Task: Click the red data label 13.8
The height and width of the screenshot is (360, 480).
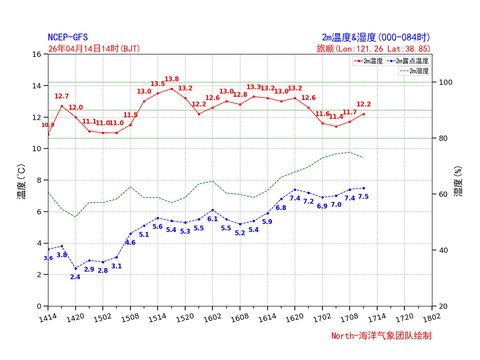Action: (172, 79)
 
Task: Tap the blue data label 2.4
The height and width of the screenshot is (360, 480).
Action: (75, 277)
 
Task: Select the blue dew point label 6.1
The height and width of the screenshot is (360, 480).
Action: (212, 219)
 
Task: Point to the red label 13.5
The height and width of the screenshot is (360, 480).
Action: (158, 84)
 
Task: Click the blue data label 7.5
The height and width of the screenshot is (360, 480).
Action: (363, 197)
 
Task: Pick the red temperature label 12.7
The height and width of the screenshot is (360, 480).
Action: (62, 96)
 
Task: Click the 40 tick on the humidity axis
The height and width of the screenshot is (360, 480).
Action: (440, 250)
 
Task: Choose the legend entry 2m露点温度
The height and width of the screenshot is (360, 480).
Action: (412, 61)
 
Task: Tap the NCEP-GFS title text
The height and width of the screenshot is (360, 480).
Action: (68, 38)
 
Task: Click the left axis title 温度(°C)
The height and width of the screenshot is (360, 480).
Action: (21, 182)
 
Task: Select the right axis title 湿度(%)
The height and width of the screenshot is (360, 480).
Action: (458, 181)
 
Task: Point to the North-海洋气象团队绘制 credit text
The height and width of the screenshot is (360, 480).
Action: (381, 336)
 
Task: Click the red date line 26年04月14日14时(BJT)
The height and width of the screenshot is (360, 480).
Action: (94, 49)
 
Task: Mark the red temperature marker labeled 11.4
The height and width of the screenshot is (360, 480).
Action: (336, 126)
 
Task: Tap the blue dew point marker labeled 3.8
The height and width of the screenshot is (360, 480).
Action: (62, 246)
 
